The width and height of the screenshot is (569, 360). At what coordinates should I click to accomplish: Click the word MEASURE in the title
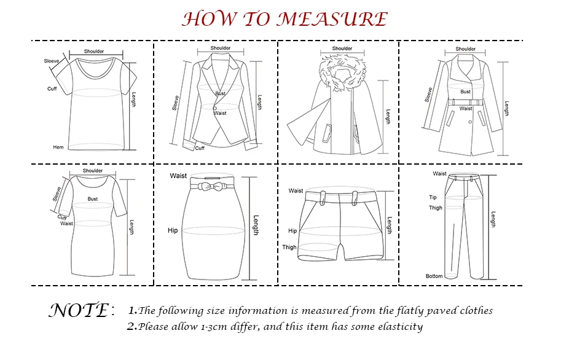coord(332,19)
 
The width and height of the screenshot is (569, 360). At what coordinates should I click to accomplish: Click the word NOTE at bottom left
coord(78,310)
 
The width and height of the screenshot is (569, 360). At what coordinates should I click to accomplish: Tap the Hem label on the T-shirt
coord(58,147)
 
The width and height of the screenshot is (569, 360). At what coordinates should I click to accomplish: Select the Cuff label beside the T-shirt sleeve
coord(52,89)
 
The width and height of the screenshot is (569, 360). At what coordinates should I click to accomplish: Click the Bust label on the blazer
coord(220,93)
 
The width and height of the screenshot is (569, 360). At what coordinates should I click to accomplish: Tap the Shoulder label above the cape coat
coord(342,49)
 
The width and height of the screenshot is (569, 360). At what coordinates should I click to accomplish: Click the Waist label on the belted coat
coord(466,109)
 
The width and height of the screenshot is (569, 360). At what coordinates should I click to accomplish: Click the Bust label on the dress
coord(92,199)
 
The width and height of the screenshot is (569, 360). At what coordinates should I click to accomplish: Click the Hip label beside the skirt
coord(173,231)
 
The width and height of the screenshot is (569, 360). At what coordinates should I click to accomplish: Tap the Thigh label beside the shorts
coord(289,248)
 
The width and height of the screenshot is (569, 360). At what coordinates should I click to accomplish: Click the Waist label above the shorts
coord(296,191)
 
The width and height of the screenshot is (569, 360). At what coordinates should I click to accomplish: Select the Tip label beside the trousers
coord(433,197)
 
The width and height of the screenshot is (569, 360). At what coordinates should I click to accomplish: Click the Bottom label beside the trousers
coord(434,276)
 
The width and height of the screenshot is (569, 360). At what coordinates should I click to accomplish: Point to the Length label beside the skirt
coord(256,225)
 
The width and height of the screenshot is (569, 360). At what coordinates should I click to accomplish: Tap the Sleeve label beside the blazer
coord(176,102)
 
